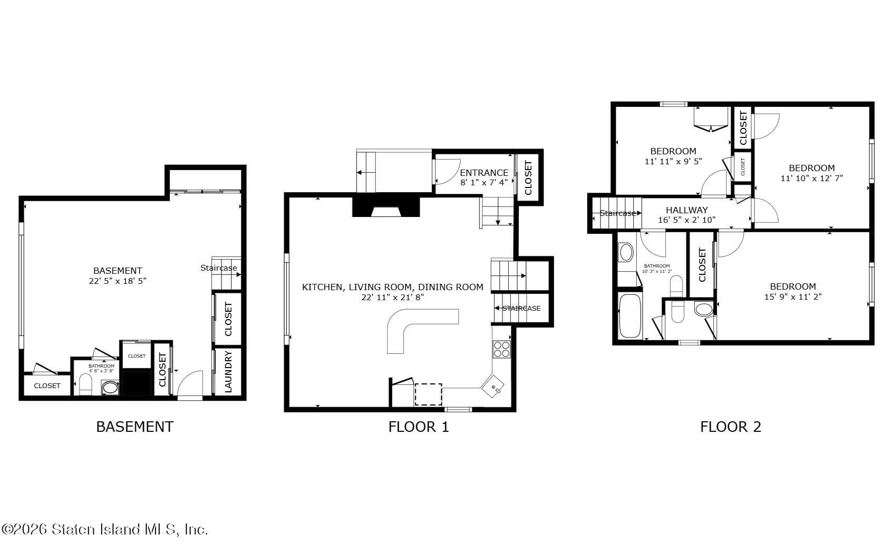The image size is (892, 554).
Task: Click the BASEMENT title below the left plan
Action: coord(134,427)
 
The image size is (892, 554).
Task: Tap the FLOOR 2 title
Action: coord(730,427)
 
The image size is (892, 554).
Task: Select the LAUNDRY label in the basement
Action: coord(228,371)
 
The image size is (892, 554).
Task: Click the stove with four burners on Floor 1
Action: coord(501,349)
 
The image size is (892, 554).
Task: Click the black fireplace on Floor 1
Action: coord(386,207)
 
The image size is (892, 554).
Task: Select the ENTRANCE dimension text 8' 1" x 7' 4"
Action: coord(484,183)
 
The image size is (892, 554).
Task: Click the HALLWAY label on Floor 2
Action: coord(686,210)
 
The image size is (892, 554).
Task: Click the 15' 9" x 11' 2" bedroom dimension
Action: coord(792,296)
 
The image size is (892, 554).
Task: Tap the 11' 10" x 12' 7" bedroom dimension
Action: coord(811,178)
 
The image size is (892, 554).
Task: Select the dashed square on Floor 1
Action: coord(428,394)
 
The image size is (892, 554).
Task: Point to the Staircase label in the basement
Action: coord(218,268)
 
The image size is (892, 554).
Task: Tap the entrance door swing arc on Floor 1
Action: coord(446,172)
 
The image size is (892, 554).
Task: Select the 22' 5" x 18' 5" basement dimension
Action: coord(118,281)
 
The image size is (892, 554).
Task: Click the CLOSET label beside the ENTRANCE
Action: coord(528,177)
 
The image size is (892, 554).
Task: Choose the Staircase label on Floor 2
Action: coord(617,213)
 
